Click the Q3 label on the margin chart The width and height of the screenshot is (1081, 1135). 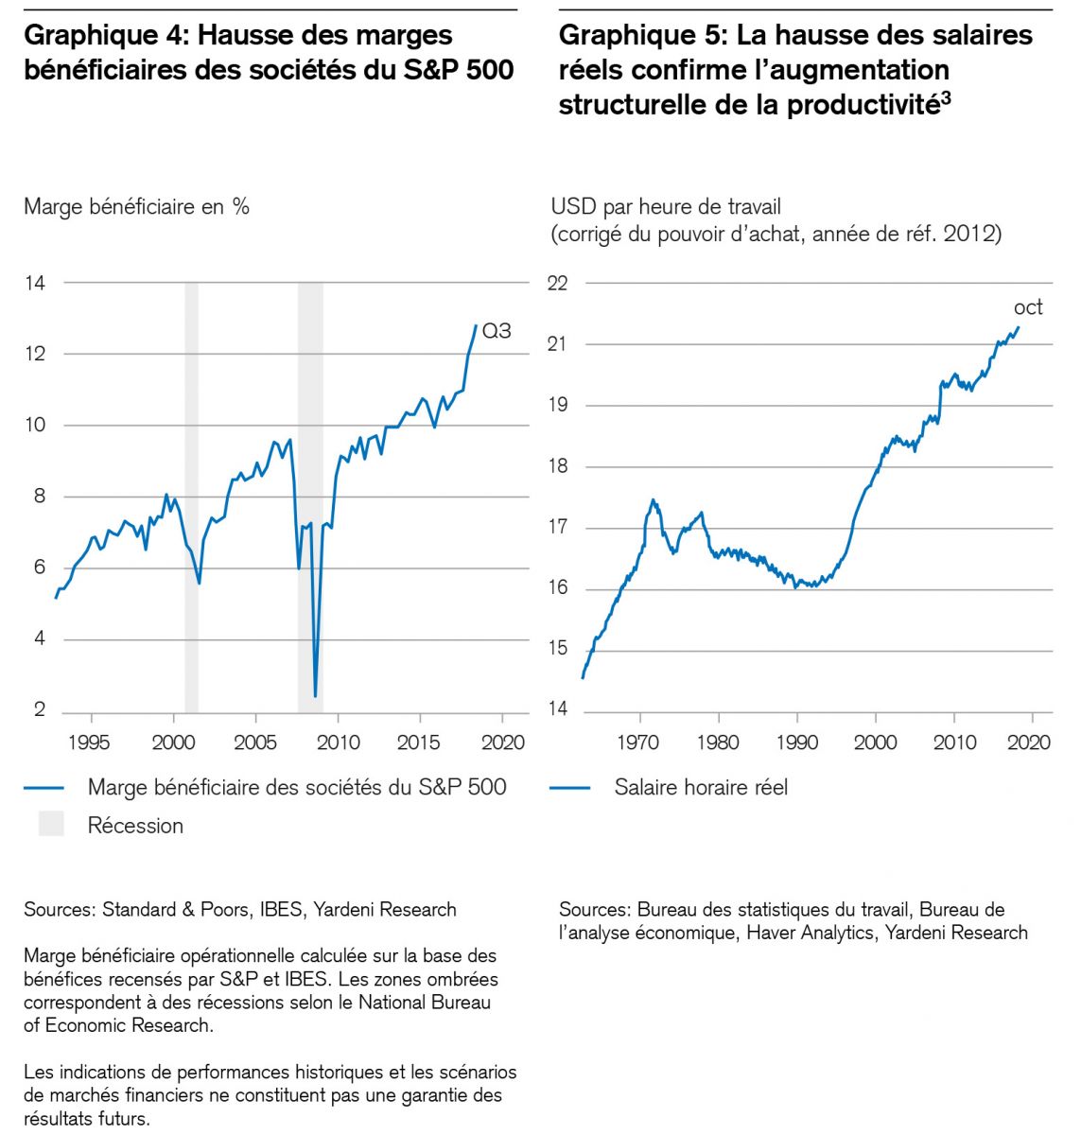pos(497,331)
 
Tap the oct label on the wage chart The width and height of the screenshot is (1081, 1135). pos(1028,307)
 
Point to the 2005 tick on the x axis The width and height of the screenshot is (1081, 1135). pos(255,742)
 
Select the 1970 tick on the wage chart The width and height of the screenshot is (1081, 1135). pos(638,742)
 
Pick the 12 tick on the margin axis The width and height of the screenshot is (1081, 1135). pos(35,354)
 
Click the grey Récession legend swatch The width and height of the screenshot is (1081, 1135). pos(51,824)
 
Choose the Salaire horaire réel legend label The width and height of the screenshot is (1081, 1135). pos(701,787)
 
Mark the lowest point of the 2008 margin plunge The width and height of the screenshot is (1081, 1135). pos(315,696)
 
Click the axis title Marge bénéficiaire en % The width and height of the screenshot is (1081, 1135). pos(136,206)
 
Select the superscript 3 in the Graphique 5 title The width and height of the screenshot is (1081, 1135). pos(946,97)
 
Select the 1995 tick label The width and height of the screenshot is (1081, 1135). pos(89,742)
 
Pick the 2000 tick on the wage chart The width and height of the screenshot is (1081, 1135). pos(876,742)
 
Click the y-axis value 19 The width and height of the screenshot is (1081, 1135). pos(557,405)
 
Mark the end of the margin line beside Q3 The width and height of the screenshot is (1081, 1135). pos(476,325)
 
